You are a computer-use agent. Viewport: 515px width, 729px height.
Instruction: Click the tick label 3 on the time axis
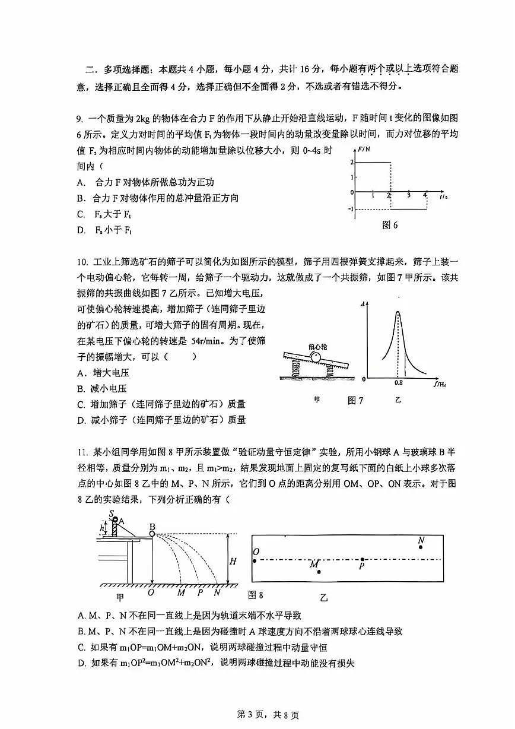tap(408, 195)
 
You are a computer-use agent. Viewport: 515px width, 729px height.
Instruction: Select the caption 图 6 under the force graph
tap(390, 225)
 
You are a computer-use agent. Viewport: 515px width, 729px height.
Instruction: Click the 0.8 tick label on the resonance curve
tap(398, 383)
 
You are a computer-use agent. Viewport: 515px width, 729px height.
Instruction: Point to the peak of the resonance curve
tap(398, 312)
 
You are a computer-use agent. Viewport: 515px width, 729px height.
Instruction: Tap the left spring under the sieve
tap(297, 370)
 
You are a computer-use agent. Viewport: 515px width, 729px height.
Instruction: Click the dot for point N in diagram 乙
tap(421, 547)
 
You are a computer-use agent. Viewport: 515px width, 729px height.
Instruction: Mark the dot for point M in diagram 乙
tap(319, 572)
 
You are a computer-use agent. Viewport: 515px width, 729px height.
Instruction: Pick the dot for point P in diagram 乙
tap(363, 559)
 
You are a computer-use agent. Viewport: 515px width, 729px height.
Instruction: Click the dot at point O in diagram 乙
tap(255, 559)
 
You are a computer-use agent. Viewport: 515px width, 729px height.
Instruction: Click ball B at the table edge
tap(152, 534)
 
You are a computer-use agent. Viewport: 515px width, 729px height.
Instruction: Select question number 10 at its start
tap(82, 262)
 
